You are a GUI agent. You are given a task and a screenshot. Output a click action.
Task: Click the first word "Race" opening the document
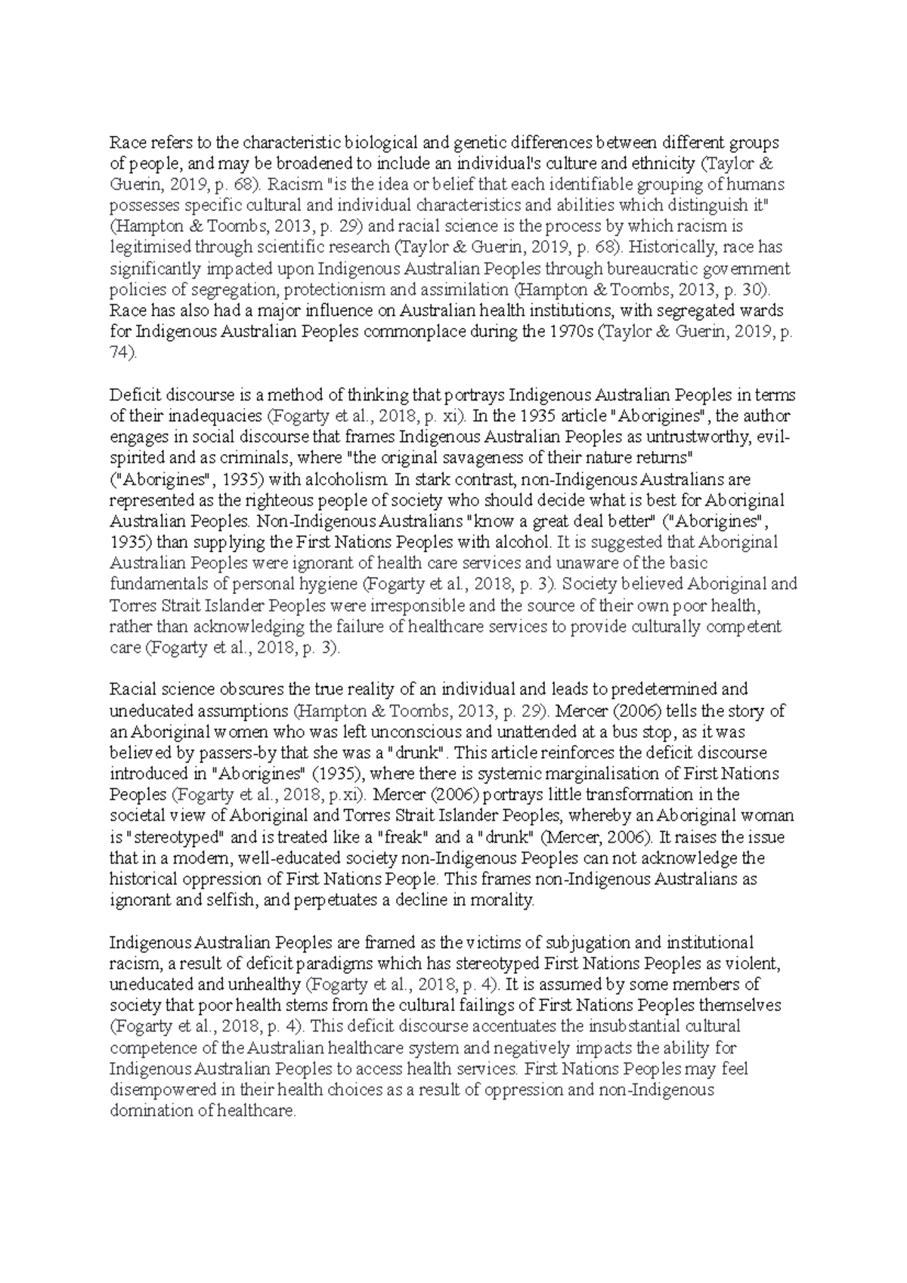tap(125, 142)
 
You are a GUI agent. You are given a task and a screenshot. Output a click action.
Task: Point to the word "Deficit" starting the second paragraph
tap(133, 395)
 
